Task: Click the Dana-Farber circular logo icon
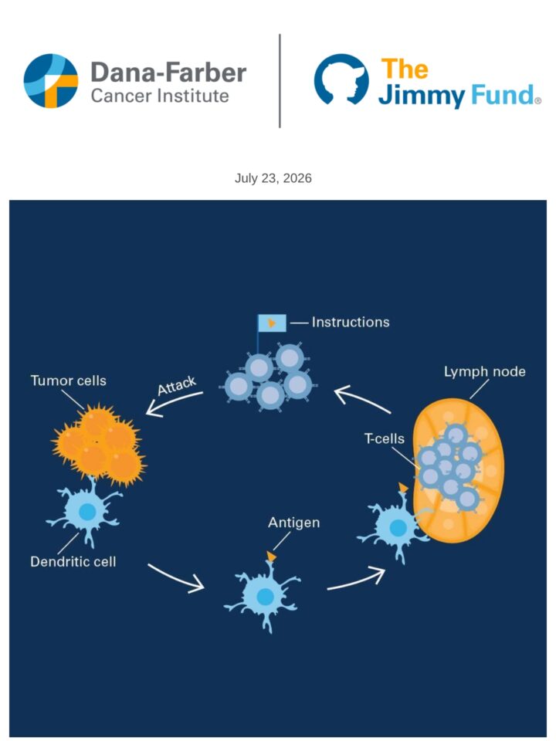point(51,81)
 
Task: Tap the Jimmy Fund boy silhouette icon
point(341,80)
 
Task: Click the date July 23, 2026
point(273,178)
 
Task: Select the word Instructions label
point(351,323)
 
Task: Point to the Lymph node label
point(485,372)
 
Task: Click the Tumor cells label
point(69,381)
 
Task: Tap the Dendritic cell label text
point(73,561)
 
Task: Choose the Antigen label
point(294,523)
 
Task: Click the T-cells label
point(385,438)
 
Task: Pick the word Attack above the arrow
point(177,386)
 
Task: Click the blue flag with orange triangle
point(272,323)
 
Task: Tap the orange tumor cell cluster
point(98,445)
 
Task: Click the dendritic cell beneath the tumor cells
point(85,513)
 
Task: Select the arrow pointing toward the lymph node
point(355,580)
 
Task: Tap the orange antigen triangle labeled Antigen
point(271,557)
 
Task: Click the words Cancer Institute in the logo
point(160,96)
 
